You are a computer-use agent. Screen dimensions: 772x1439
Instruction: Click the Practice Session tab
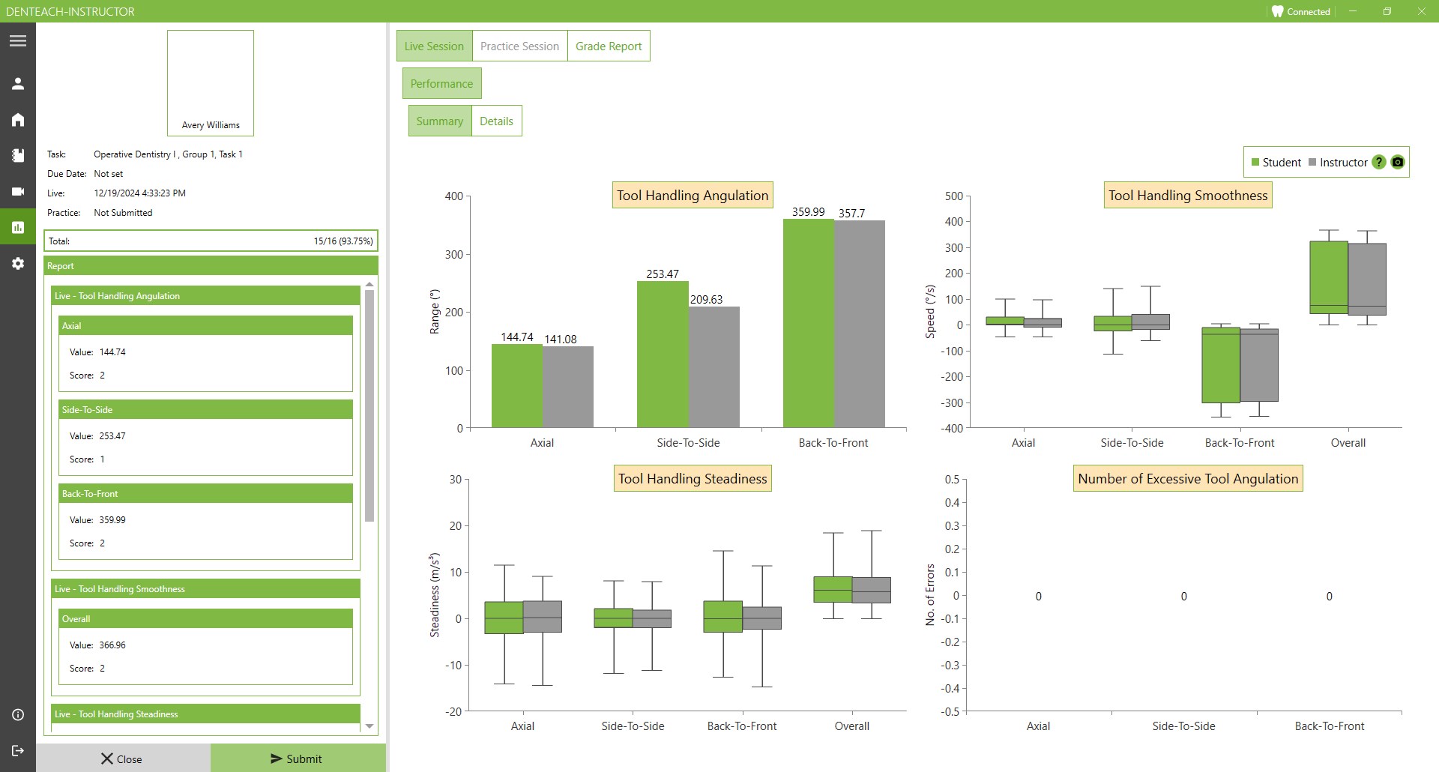(519, 46)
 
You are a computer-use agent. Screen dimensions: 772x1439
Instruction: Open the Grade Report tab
(609, 46)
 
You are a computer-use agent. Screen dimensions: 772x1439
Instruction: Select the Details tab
(496, 121)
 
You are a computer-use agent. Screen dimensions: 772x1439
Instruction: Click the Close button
(122, 759)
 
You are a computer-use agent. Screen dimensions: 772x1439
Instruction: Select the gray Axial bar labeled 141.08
(568, 387)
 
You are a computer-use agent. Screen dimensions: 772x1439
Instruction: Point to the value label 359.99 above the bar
(808, 212)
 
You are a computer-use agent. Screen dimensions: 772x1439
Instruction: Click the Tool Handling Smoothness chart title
(1188, 196)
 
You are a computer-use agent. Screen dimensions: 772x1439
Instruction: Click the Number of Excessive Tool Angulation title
(1188, 479)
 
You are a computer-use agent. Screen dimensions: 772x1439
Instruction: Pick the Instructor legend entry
(1339, 163)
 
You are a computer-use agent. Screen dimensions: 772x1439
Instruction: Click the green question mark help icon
(1379, 163)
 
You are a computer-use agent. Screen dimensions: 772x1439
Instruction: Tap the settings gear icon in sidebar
(18, 264)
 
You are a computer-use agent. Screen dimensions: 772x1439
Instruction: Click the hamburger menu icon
(18, 41)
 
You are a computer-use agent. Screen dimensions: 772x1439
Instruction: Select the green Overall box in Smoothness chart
(1329, 277)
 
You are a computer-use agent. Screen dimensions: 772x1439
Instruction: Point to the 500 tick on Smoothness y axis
(954, 196)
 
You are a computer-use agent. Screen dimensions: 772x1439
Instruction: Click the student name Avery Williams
(211, 125)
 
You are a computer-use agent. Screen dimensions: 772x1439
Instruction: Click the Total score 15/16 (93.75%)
(343, 241)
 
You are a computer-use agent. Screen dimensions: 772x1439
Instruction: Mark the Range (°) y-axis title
(435, 312)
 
